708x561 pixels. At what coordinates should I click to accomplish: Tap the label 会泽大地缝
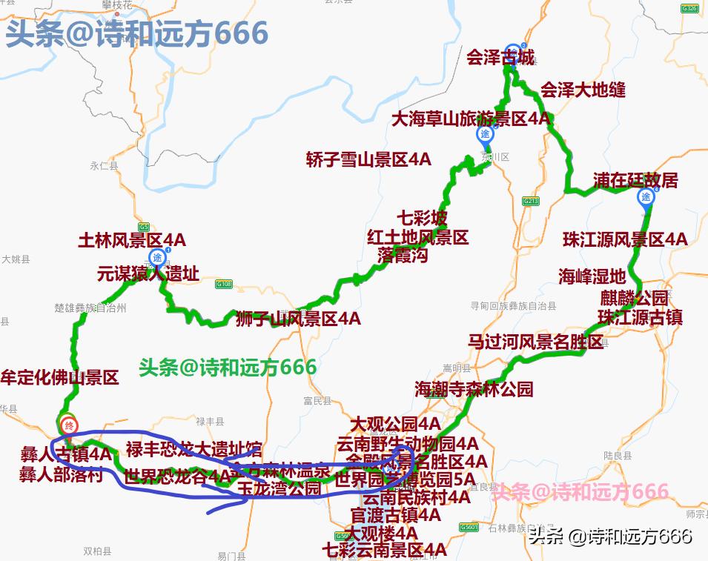point(583,90)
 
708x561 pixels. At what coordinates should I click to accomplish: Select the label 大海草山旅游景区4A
point(471,119)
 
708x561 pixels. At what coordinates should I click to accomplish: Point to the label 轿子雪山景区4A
point(368,159)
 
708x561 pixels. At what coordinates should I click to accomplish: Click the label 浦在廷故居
point(635,181)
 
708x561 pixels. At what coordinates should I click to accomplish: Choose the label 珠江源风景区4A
point(625,239)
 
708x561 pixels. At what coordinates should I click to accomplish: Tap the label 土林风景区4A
point(132,240)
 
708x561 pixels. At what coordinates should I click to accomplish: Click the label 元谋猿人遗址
point(148,274)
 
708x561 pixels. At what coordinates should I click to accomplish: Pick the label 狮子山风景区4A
point(298,319)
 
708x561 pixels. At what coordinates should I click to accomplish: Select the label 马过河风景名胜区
point(536,342)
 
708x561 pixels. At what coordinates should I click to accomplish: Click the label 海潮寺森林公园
point(474,388)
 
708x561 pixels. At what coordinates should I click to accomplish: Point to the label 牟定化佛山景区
point(60,377)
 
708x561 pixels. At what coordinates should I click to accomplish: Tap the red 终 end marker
point(69,425)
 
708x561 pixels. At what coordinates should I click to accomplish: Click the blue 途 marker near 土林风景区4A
point(157,257)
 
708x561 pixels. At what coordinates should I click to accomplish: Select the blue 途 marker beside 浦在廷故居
point(646,196)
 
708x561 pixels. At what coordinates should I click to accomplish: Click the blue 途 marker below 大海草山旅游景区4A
point(485,134)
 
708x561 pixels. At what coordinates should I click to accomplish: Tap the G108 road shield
point(224,284)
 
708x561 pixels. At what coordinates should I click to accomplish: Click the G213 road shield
point(530,201)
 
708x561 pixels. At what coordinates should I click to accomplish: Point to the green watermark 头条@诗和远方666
point(228,367)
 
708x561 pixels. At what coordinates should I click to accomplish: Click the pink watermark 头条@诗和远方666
point(580,491)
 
